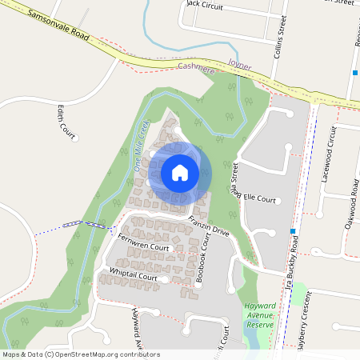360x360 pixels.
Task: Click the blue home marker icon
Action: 180,172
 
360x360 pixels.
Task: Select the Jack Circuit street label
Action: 204,4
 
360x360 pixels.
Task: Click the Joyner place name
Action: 239,62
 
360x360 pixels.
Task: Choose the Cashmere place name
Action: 197,70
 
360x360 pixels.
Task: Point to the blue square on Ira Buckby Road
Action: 294,231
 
